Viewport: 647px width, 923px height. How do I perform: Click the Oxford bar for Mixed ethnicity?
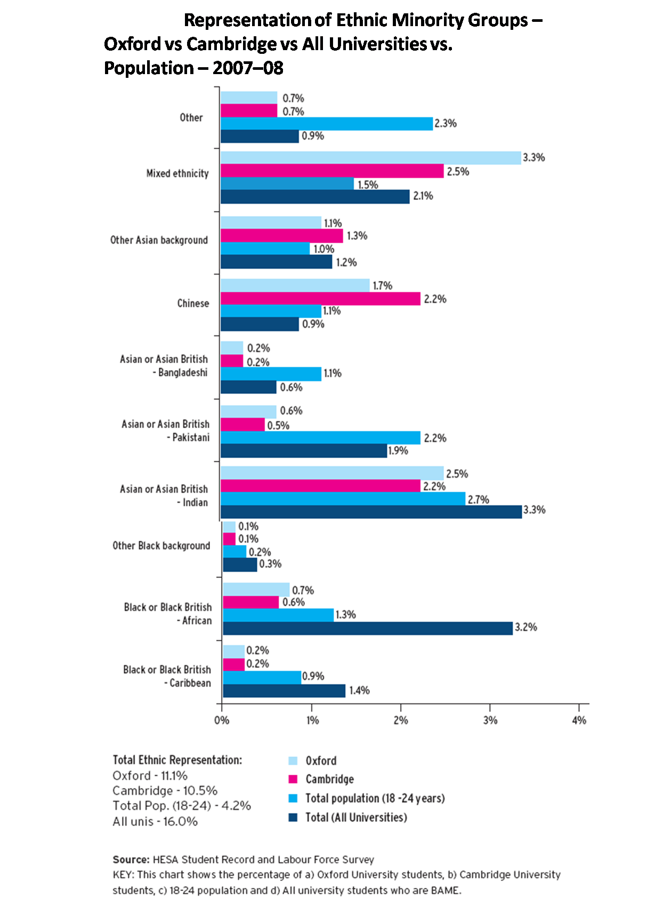(370, 158)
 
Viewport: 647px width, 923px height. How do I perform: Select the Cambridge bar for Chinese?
(320, 299)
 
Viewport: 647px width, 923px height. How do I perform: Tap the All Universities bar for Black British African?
(368, 628)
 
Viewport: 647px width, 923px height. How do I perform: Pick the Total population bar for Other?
(326, 124)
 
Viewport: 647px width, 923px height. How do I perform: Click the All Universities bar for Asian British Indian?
(371, 512)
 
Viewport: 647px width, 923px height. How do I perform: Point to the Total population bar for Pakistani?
(320, 438)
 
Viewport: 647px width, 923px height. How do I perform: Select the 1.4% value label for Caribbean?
(359, 691)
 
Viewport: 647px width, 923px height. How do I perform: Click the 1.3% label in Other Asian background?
(357, 236)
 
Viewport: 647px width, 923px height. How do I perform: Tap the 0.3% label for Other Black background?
(270, 564)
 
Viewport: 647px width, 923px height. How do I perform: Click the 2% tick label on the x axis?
(401, 720)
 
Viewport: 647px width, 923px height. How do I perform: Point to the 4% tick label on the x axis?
(579, 720)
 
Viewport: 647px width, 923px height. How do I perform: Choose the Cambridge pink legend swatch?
(293, 779)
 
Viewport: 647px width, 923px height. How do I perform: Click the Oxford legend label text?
(321, 761)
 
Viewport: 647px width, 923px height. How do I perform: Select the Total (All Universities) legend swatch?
(293, 817)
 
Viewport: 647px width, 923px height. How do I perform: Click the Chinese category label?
(193, 303)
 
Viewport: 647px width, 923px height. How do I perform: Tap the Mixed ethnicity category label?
(177, 173)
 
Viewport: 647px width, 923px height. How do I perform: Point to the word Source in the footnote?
(131, 860)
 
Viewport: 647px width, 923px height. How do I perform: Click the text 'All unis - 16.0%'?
(155, 822)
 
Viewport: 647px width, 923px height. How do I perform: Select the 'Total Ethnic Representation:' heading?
(177, 760)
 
